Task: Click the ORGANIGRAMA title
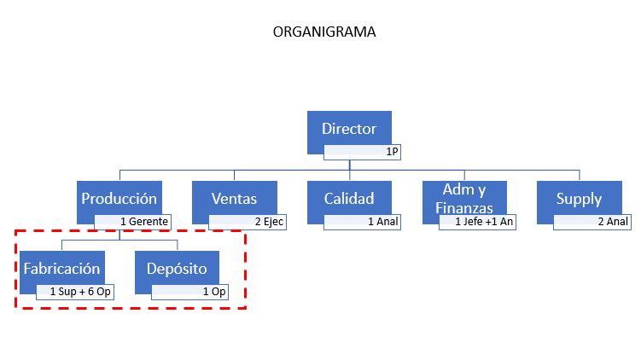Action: tap(324, 32)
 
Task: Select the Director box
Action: tap(349, 128)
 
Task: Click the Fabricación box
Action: tap(61, 269)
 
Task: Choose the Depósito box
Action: tap(177, 269)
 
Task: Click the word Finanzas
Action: tap(464, 208)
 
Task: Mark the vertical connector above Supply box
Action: tap(580, 176)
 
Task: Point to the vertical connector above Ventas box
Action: tap(234, 176)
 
